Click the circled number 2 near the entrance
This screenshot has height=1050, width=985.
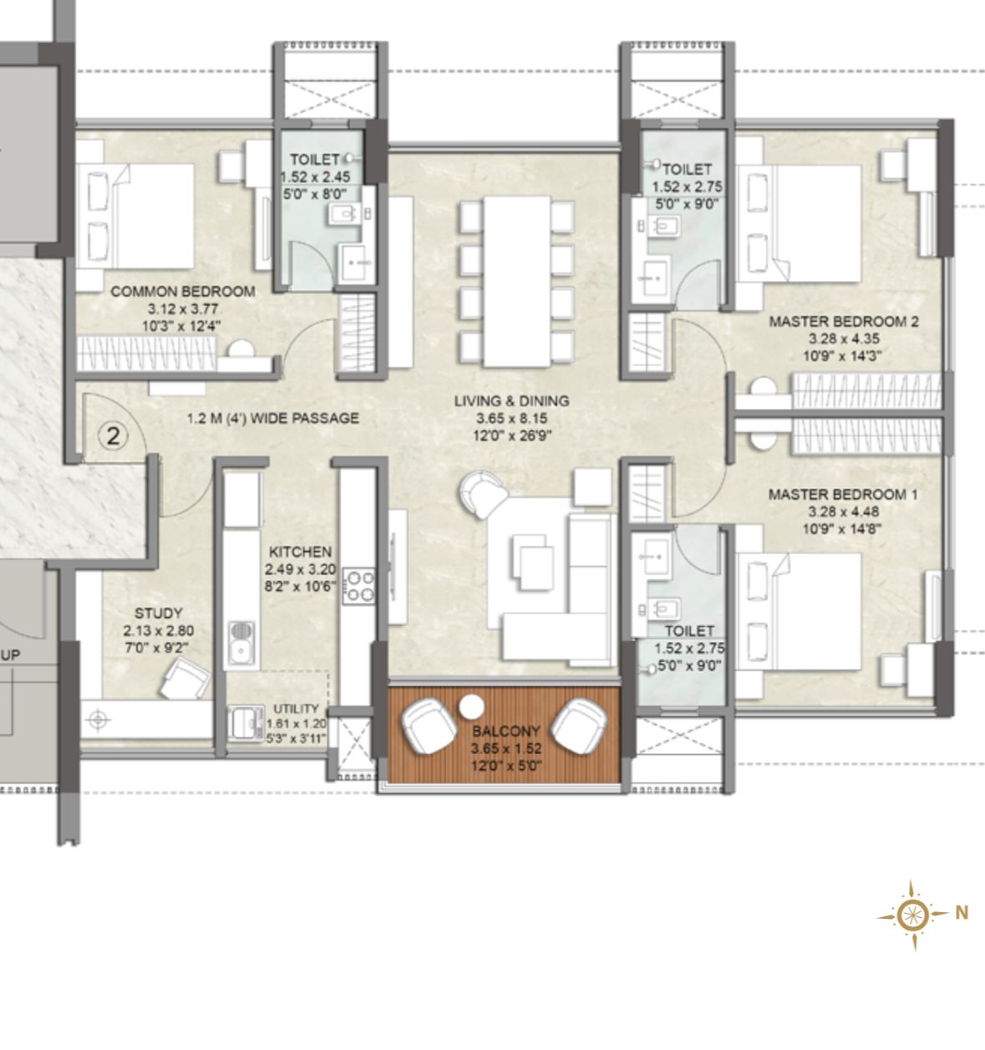coord(114,436)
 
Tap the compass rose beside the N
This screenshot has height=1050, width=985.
coord(912,915)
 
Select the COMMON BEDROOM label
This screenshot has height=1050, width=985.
coord(183,292)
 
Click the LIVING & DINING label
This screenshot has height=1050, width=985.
coord(511,400)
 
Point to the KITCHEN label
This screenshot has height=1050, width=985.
coord(300,552)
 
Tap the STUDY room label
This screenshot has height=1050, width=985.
coord(158,613)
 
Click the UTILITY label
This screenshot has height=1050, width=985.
coord(297,709)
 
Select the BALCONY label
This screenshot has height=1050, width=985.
coord(505,731)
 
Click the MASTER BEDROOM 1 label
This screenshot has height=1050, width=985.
coord(842,495)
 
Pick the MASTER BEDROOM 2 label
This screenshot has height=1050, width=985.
coord(844,321)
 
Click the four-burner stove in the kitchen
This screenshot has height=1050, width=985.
coord(359,586)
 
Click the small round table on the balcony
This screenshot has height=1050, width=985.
coord(471,706)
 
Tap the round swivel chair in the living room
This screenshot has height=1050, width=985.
coord(482,494)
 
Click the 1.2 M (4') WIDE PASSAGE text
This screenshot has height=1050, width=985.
coord(272,418)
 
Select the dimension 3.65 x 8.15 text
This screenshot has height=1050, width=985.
coord(511,418)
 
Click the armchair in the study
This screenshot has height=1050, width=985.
coord(185,678)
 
